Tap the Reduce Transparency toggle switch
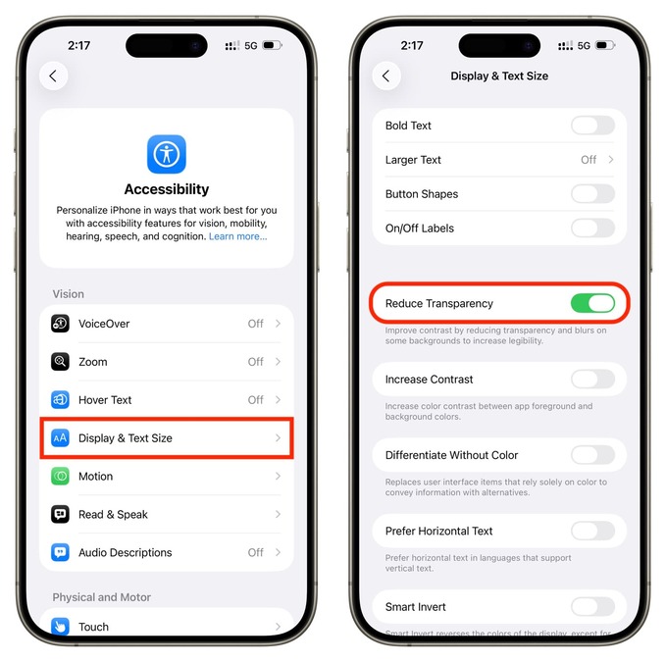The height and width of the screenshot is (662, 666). click(x=592, y=304)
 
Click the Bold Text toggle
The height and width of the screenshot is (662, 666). click(x=592, y=126)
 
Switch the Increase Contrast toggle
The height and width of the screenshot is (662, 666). click(x=592, y=380)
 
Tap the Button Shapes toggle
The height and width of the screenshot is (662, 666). click(x=592, y=194)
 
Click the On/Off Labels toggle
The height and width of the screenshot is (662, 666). click(x=592, y=229)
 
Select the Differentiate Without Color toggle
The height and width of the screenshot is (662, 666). click(x=592, y=455)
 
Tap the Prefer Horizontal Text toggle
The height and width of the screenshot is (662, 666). click(x=592, y=531)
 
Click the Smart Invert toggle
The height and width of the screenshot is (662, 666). click(x=592, y=606)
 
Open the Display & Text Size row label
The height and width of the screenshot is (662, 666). click(x=126, y=438)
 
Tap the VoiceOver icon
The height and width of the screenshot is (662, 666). click(x=61, y=324)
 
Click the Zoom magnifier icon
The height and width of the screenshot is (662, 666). click(x=61, y=362)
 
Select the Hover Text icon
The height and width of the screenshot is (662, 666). click(x=61, y=400)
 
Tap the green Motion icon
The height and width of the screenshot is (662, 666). click(x=61, y=477)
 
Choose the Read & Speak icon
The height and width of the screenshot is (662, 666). click(x=61, y=515)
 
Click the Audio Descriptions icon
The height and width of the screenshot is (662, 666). click(x=61, y=553)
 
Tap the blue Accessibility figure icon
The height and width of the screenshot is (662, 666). click(x=167, y=154)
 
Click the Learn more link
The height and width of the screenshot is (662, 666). click(x=237, y=236)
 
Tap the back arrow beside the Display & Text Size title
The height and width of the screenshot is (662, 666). click(x=386, y=76)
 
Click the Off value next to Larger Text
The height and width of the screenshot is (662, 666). click(x=589, y=160)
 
